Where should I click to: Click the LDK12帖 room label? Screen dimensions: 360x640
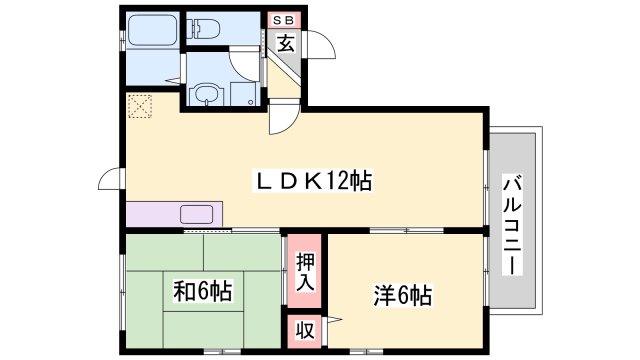311,182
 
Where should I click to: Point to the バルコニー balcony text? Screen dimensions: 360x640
512,226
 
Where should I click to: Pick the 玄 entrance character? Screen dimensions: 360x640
285,43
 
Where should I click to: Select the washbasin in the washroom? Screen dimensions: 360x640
206,95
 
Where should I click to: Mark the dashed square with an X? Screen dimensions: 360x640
138,105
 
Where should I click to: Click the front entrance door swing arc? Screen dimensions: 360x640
320,48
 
